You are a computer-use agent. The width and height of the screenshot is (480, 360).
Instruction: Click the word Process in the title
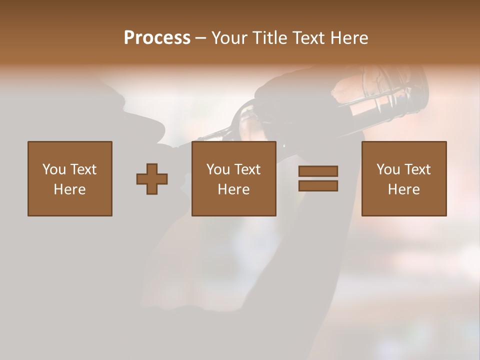coord(157,37)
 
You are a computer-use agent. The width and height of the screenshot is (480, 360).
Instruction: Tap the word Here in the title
coord(348,37)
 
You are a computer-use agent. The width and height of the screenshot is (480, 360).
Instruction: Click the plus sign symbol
coord(152,178)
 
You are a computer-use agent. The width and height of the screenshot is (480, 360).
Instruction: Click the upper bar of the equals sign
coord(318,171)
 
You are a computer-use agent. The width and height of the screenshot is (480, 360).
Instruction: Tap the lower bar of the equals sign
coord(318,185)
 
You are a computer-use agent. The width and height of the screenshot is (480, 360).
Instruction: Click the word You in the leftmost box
coord(54,169)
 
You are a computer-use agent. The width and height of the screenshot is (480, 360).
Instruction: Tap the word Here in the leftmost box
coord(70,189)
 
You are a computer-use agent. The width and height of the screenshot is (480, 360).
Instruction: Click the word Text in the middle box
coord(247,169)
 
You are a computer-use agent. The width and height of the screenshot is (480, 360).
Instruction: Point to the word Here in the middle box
coord(234,189)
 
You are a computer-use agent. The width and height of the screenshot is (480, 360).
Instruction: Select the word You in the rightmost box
coord(388,169)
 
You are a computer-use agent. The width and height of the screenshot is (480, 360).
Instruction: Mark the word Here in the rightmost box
coord(404,189)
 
